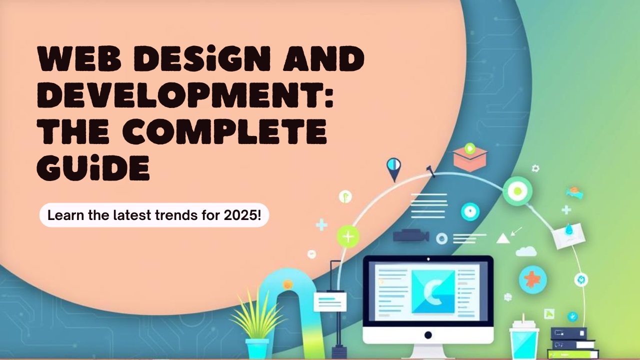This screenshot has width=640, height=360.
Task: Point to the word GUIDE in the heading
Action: point(93,169)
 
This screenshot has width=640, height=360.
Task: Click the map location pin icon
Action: point(394,168)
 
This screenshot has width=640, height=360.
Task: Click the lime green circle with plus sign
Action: point(348,236)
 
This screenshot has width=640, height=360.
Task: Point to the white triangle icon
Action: point(502,238)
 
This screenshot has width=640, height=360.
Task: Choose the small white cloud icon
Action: point(525,251)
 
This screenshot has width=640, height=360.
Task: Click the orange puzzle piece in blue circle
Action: point(532,279)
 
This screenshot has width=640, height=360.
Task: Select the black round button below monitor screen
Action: point(428,334)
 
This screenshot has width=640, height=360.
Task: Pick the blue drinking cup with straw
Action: point(523,339)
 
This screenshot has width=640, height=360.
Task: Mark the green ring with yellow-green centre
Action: point(517,191)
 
